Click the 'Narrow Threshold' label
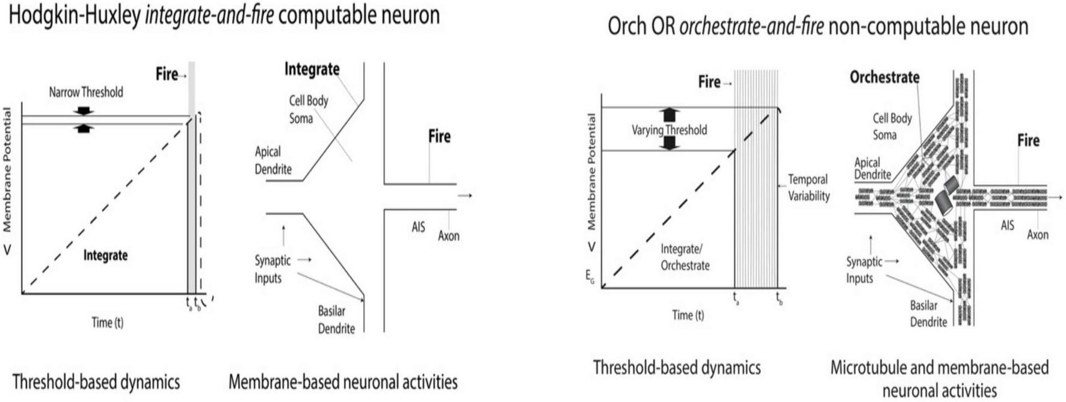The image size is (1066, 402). click(x=86, y=92)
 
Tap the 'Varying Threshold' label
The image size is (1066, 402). click(x=669, y=130)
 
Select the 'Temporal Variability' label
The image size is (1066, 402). click(x=809, y=188)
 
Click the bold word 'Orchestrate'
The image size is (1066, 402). click(x=884, y=77)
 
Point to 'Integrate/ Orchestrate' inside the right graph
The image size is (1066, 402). click(x=685, y=257)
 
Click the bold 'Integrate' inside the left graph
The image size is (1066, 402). click(x=105, y=255)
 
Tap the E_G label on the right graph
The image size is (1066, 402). click(x=590, y=276)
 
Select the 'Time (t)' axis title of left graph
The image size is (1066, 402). click(x=107, y=323)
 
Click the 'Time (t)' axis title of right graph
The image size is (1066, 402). click(x=688, y=315)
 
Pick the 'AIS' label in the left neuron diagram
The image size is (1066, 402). click(x=418, y=227)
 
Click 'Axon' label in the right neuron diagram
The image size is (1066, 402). click(x=1037, y=235)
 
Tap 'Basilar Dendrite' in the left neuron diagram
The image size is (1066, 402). click(x=336, y=320)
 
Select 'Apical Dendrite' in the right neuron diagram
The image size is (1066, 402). click(x=872, y=169)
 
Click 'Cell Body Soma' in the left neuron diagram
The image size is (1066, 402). click(x=308, y=109)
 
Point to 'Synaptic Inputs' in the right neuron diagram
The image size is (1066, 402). click(x=864, y=270)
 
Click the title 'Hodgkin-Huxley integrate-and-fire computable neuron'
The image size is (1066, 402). click(x=224, y=15)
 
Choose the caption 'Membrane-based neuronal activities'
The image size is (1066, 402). click(x=343, y=382)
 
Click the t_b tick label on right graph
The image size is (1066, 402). click(x=779, y=298)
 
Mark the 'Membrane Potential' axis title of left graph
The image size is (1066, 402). click(x=7, y=170)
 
